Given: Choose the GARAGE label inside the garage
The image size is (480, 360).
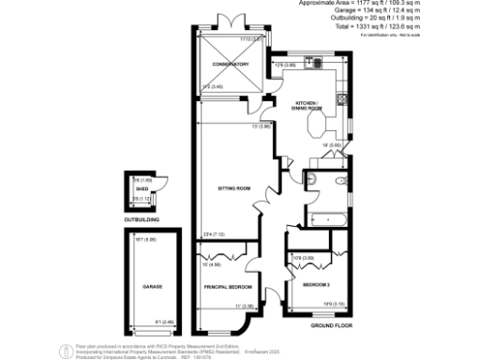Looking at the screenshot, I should click(x=153, y=286).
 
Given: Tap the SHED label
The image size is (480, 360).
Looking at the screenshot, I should click(x=142, y=190).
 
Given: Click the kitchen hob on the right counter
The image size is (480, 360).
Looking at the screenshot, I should click(x=345, y=99).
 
